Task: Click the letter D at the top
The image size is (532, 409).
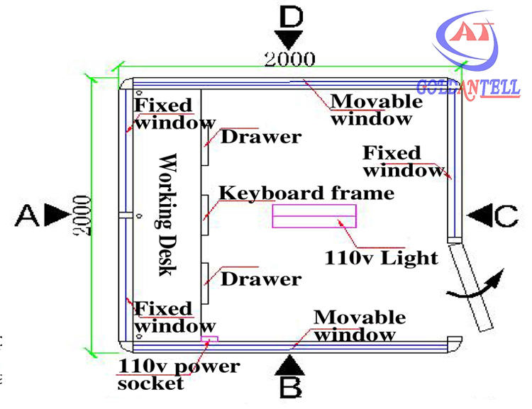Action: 291,17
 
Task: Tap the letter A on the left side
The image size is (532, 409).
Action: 27,215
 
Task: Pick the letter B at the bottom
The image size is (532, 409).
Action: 291,387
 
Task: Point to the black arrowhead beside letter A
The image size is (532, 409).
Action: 57,214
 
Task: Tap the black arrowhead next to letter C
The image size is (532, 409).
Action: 480,215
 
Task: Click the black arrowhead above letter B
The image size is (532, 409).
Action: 289,365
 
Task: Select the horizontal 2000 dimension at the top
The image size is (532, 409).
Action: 289,59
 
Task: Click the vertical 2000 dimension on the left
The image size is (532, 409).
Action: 83,215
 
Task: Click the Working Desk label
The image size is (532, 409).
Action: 167,214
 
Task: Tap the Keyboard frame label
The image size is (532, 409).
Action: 306,193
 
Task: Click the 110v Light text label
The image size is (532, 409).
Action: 381,258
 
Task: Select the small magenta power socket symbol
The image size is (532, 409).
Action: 209,338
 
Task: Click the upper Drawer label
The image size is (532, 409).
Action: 261,137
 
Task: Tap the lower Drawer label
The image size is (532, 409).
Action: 261,279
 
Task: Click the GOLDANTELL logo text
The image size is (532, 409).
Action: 468,88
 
